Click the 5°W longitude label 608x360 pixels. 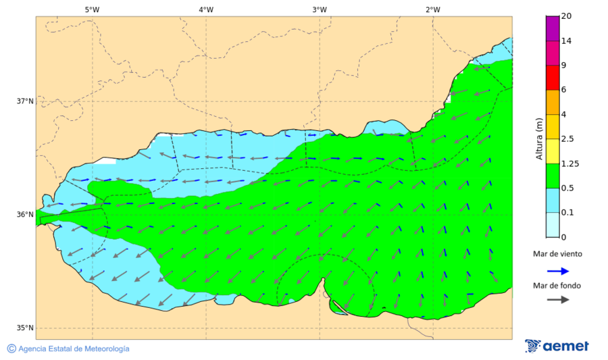pos(93,9)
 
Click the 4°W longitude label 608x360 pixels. pos(206,9)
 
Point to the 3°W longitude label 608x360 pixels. pos(320,9)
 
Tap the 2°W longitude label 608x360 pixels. pos(433,9)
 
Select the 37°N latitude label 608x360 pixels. pos(25,101)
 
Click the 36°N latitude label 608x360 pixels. pos(25,215)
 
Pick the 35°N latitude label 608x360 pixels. pos(25,328)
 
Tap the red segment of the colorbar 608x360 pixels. pos(553,78)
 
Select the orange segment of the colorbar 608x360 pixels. pos(553,102)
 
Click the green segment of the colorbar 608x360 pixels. pos(553,176)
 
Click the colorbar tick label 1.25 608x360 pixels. pos(571,163)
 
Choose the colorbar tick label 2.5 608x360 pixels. pos(567,139)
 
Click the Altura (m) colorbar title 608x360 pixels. pos(539,138)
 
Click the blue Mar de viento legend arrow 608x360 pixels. pos(557,271)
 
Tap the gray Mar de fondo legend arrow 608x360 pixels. pos(557,300)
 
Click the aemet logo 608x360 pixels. pos(557,346)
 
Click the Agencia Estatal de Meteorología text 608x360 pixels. pos(68,349)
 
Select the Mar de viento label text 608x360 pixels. pos(557,254)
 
